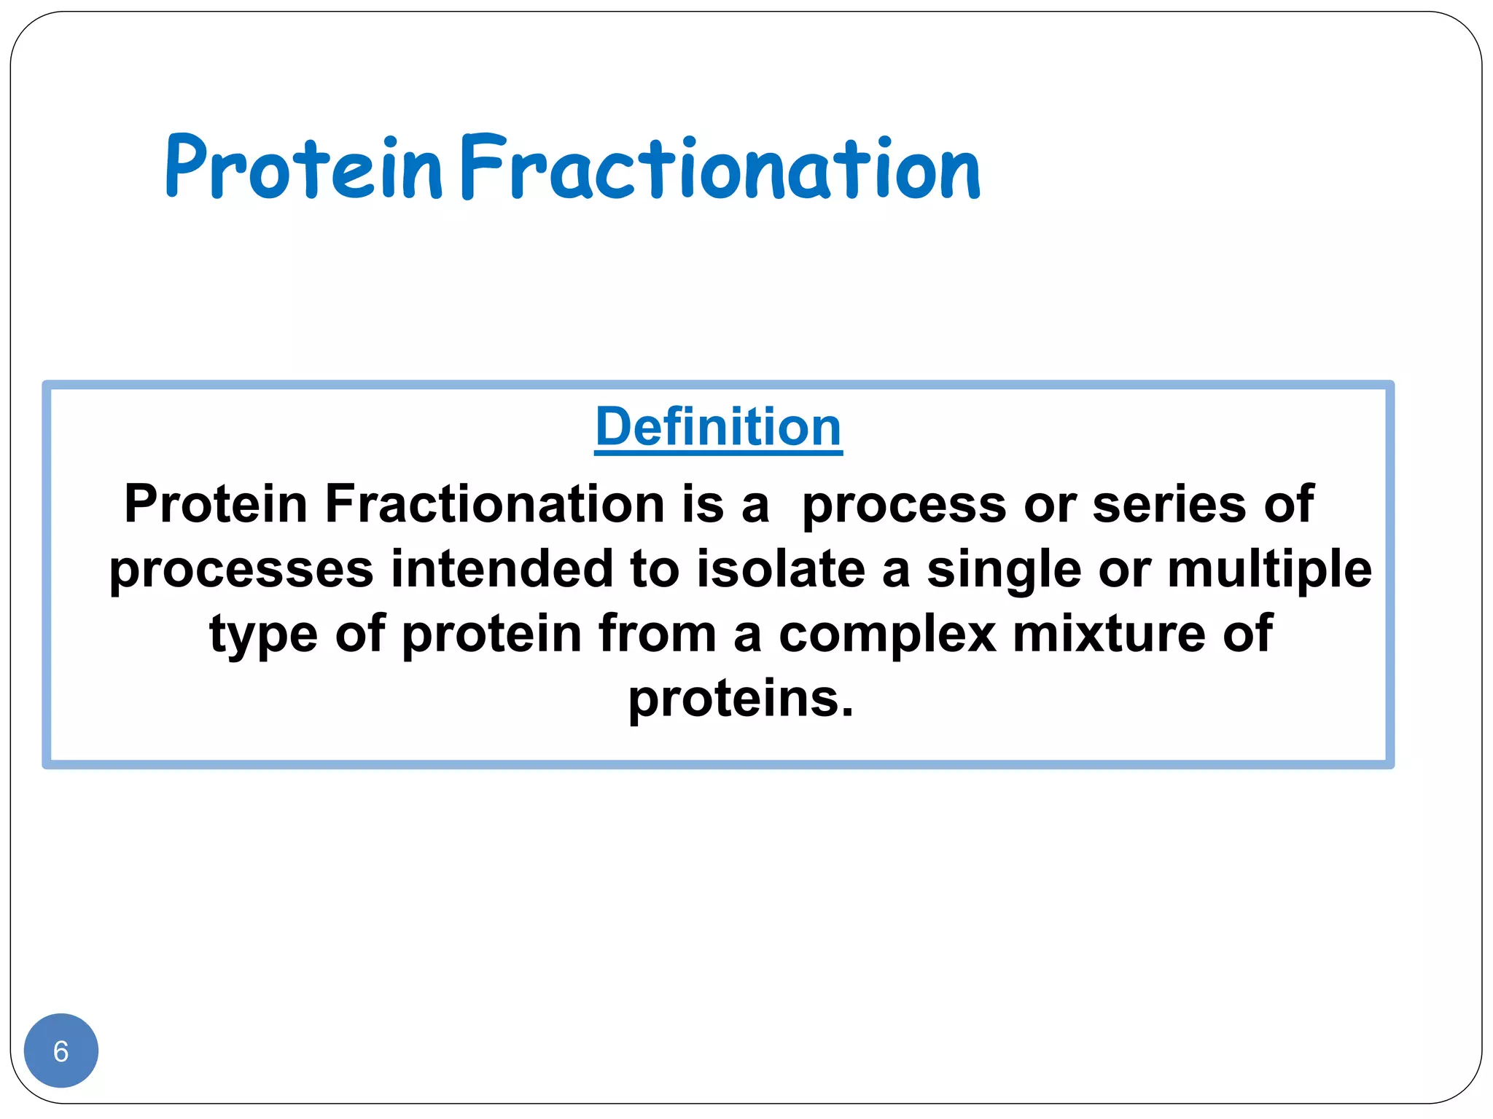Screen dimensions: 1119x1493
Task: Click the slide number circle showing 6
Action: click(x=61, y=1051)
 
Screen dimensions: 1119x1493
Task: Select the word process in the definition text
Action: click(x=904, y=504)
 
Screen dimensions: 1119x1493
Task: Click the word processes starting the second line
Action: click(x=241, y=569)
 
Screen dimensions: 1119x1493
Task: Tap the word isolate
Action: click(x=780, y=569)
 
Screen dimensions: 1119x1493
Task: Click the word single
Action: click(x=1004, y=569)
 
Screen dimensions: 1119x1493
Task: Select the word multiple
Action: click(x=1269, y=569)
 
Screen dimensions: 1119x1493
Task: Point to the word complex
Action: click(x=886, y=634)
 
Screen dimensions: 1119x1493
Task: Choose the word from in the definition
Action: click(x=657, y=634)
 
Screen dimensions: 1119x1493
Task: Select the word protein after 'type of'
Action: click(x=491, y=634)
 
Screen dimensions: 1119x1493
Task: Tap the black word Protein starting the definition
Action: click(x=216, y=504)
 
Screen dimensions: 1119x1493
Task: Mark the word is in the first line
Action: click(x=703, y=504)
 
